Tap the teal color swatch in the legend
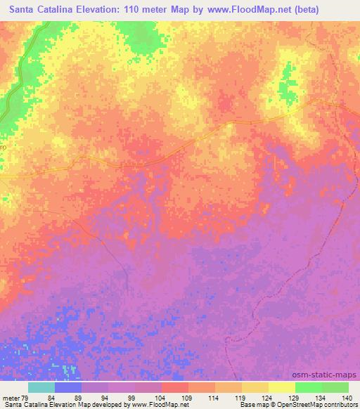41,387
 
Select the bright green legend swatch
309,387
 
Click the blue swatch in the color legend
68,387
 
